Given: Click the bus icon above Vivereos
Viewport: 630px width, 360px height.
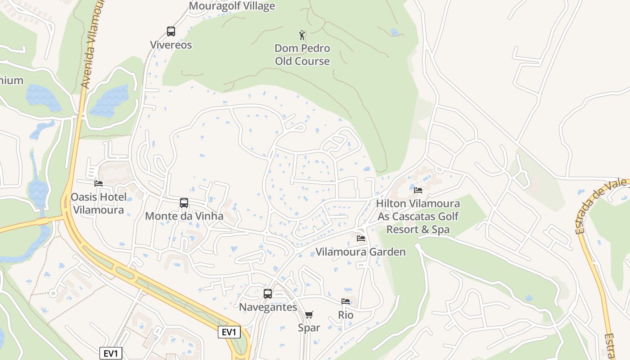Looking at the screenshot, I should [x=171, y=31].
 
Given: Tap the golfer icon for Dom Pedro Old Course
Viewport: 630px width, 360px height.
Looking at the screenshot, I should [x=302, y=35].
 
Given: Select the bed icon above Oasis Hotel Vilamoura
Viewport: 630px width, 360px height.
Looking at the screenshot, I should [x=99, y=183].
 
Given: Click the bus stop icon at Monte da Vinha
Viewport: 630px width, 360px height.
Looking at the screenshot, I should [x=184, y=203].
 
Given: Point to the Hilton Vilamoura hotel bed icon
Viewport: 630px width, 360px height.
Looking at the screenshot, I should [x=418, y=190].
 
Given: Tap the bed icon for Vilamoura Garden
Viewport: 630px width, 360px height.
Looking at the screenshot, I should [x=360, y=238].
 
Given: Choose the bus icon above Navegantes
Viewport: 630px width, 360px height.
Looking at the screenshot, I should [x=268, y=294].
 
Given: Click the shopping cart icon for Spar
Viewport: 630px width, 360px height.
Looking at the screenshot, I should [x=309, y=315].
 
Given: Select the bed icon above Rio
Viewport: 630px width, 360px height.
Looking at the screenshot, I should [x=346, y=301].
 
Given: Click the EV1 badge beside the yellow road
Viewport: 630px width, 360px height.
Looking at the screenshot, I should [x=229, y=332].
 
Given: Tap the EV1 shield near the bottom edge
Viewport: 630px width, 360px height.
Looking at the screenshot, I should [x=111, y=353].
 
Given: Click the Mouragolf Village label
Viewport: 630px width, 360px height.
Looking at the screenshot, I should [x=232, y=6].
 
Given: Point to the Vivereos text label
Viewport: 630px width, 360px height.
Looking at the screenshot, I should [x=171, y=45].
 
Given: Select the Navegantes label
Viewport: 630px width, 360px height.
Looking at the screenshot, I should [x=268, y=307].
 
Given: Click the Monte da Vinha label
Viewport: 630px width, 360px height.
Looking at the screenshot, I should [x=184, y=216].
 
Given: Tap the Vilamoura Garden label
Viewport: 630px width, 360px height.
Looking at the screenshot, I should [x=360, y=252].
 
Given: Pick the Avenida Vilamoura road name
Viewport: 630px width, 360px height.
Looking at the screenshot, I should [x=90, y=45].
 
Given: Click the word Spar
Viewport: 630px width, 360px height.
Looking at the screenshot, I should [x=309, y=328].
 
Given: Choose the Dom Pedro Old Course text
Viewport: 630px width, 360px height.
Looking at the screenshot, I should [x=302, y=54].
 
